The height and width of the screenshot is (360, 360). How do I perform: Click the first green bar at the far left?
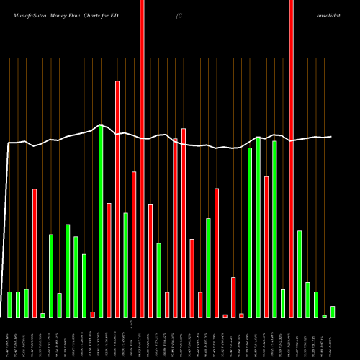pos(9,305)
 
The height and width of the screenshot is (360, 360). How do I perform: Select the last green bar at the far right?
pos(333,312)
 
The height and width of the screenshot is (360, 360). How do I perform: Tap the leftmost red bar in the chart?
pos(35,253)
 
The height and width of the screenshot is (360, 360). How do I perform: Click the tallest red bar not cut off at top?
pos(117,199)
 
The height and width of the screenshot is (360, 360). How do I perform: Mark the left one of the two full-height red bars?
pos(142,158)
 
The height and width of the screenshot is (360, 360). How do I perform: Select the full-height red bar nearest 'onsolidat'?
pos(291,158)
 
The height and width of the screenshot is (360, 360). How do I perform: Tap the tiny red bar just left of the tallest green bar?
pos(92,314)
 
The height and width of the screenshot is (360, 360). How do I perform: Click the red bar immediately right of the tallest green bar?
pos(109,260)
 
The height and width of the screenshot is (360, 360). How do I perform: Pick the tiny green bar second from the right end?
pos(324,315)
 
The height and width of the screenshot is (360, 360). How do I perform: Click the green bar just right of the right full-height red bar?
pos(300,274)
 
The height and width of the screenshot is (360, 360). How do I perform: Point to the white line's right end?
pos(331,137)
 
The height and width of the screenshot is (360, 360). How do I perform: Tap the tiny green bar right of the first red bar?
pos(42,315)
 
